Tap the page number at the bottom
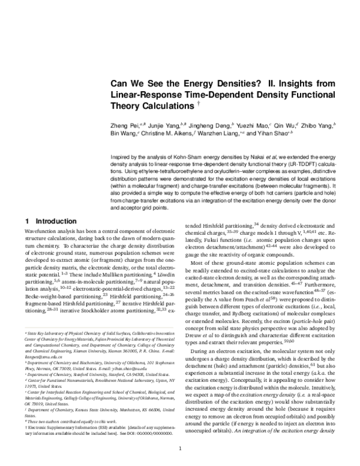click(180, 449)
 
